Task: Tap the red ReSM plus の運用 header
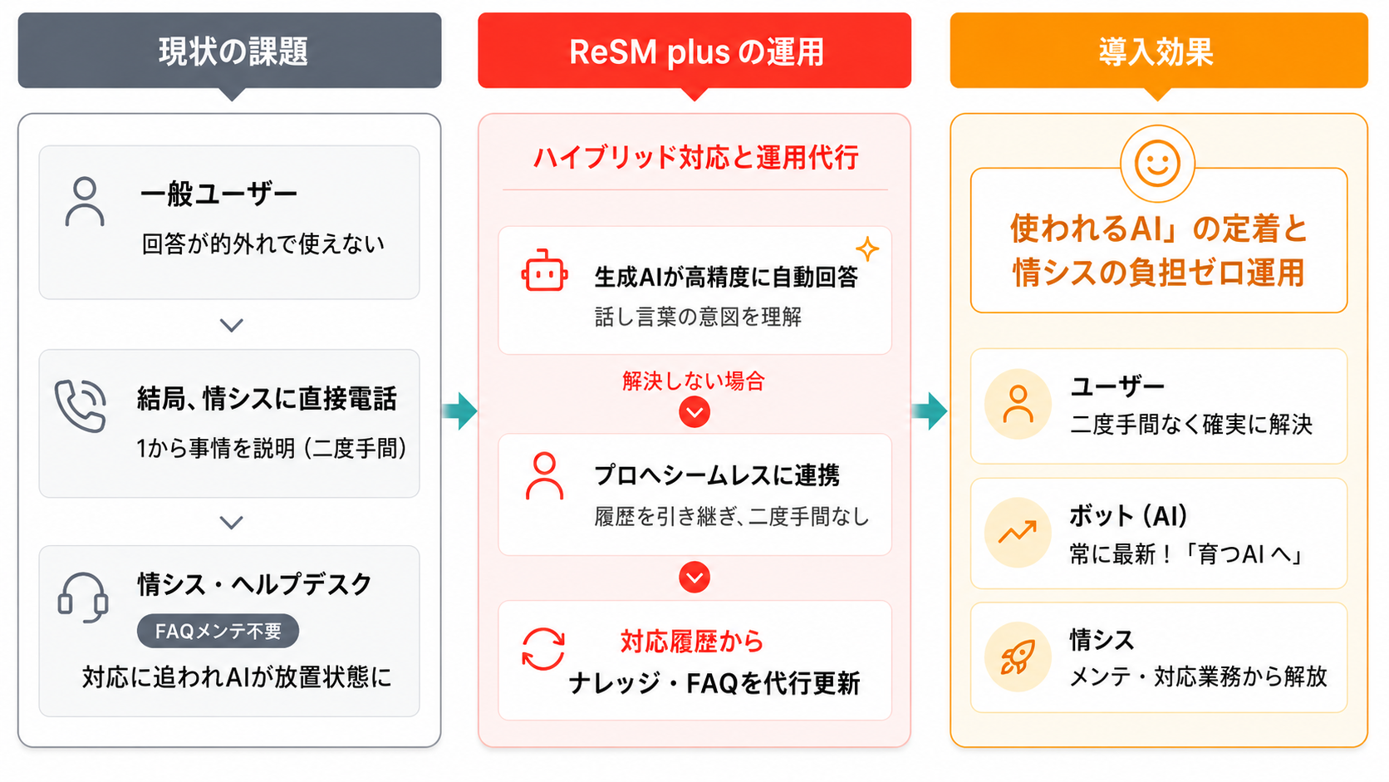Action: (x=694, y=50)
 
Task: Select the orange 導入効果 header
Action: (x=1158, y=50)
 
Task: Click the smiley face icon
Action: (x=1157, y=164)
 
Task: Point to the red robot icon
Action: (x=544, y=271)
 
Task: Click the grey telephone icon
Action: (x=81, y=406)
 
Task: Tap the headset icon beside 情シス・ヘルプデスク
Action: (x=83, y=598)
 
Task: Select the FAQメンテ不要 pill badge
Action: (x=218, y=632)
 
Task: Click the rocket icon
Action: (x=1018, y=657)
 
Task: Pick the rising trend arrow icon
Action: (x=1018, y=532)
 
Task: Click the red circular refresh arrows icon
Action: (x=543, y=649)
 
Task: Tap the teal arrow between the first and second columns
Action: (x=459, y=411)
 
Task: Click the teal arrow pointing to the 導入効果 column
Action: (x=930, y=411)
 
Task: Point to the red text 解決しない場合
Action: (x=694, y=381)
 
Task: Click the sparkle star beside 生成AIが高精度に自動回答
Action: (x=867, y=249)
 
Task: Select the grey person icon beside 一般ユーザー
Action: (x=85, y=202)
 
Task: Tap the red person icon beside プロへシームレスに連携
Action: (x=544, y=476)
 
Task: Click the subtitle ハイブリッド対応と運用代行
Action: (x=695, y=157)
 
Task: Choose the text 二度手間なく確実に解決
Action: (x=1191, y=425)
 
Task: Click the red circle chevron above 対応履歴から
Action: (x=694, y=578)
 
